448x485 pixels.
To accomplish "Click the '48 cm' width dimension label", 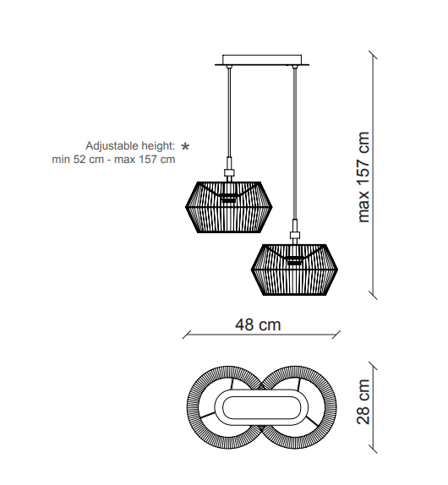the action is point(258,325).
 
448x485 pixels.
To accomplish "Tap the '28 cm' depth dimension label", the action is point(363,402).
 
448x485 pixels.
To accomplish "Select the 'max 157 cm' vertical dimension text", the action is point(363,177).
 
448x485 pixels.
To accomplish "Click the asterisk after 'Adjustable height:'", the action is point(185,146).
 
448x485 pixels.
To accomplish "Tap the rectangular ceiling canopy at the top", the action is point(262,60).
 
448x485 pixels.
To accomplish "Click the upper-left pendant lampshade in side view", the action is point(229,207).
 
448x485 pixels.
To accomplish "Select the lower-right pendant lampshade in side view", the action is point(294,270).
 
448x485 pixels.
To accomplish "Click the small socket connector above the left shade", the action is point(229,173).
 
